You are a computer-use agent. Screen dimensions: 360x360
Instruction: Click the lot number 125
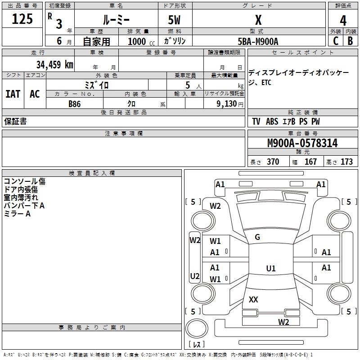click(22, 18)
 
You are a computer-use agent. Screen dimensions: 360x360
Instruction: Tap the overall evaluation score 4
click(343, 20)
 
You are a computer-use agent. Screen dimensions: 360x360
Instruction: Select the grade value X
click(258, 20)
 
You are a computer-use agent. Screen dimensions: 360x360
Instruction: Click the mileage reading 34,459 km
click(54, 64)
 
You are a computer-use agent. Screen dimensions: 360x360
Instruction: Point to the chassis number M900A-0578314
click(302, 143)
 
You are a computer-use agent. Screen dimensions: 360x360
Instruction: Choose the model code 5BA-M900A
click(258, 41)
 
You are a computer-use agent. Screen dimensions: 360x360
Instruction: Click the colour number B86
click(75, 104)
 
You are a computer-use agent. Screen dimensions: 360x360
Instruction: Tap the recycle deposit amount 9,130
click(227, 103)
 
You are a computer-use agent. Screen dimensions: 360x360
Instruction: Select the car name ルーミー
click(116, 20)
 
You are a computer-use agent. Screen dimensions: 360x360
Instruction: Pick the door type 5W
click(174, 20)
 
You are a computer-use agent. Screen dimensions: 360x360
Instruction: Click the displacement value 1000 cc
click(141, 41)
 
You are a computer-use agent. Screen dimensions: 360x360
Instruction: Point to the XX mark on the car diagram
click(253, 299)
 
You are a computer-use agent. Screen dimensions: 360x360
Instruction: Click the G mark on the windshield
click(257, 237)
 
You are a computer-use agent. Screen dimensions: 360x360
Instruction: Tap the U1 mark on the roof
click(271, 268)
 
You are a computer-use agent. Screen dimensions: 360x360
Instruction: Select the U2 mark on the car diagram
click(195, 276)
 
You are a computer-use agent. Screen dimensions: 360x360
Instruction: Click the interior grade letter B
click(350, 41)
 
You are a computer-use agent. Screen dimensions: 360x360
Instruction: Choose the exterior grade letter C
click(336, 41)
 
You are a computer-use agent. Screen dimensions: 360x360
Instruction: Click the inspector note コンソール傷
click(25, 181)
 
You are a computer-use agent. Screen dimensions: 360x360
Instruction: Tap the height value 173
click(346, 162)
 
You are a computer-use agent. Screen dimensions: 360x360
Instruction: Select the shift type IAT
click(13, 94)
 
